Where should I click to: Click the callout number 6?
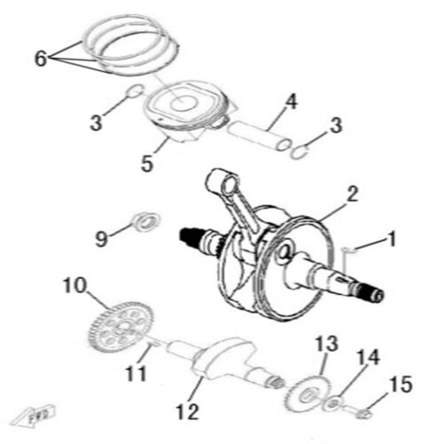pyautogui.click(x=40, y=59)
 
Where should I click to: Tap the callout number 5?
pyautogui.click(x=147, y=164)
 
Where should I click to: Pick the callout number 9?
pyautogui.click(x=102, y=237)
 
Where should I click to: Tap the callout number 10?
pyautogui.click(x=73, y=286)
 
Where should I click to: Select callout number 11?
pyautogui.click(x=135, y=374)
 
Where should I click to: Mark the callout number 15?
pyautogui.click(x=400, y=385)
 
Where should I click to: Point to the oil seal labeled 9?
pyautogui.click(x=143, y=219)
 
